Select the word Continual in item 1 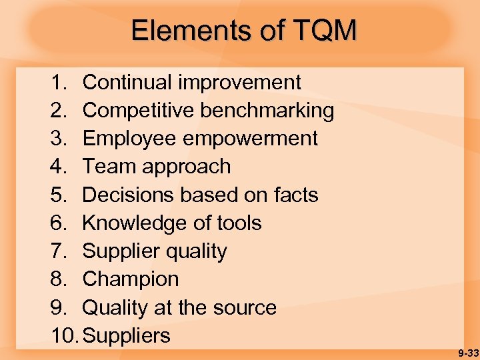point(127,83)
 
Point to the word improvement point(239,83)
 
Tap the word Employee point(125,139)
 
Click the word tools point(239,223)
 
